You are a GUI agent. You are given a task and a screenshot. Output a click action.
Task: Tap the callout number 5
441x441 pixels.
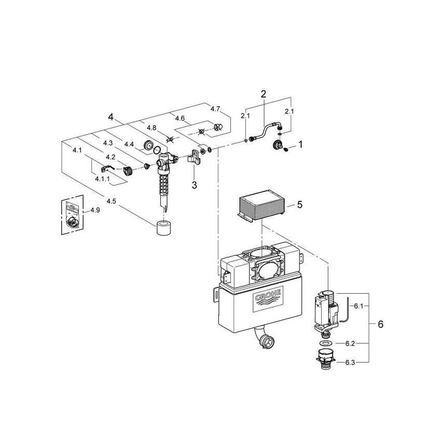click(x=299, y=205)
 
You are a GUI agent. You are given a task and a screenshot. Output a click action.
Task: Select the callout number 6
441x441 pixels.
click(x=380, y=325)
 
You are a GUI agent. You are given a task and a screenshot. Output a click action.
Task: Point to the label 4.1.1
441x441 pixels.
click(x=103, y=178)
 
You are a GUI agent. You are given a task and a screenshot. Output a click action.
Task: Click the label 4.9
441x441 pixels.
click(x=95, y=210)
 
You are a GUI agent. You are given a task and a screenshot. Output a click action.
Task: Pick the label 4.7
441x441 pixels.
click(x=215, y=108)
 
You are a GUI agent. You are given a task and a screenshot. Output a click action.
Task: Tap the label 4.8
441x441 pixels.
click(x=151, y=128)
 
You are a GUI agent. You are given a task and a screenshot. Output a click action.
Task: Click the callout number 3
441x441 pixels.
click(x=194, y=184)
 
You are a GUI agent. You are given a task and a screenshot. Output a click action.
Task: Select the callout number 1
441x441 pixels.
click(x=299, y=142)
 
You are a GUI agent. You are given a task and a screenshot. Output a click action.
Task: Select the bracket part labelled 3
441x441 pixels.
click(x=195, y=157)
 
